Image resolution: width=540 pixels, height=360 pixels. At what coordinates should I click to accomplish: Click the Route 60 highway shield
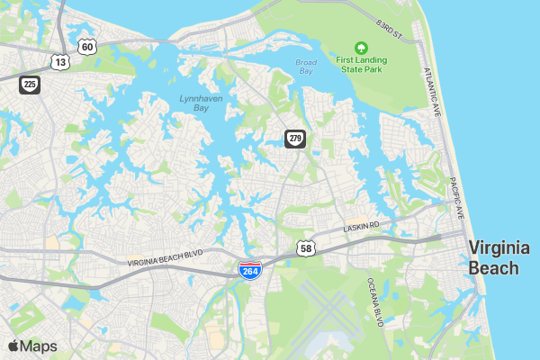(x=86, y=46)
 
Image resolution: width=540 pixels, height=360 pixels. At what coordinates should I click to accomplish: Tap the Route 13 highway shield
(x=60, y=62)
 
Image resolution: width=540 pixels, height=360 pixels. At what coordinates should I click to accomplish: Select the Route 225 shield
(x=30, y=84)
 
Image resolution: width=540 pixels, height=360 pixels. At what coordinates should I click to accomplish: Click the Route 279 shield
(x=295, y=139)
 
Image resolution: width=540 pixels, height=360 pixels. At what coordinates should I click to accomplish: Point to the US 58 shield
(x=307, y=247)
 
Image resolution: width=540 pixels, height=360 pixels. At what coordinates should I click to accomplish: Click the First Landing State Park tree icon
(x=361, y=47)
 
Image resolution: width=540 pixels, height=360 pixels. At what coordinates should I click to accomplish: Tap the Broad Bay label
(x=306, y=67)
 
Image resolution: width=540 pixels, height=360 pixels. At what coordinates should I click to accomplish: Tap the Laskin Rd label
(x=363, y=227)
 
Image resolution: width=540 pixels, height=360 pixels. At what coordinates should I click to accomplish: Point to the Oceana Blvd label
(x=375, y=301)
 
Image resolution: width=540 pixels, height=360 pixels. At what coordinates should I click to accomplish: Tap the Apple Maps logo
(x=32, y=346)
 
